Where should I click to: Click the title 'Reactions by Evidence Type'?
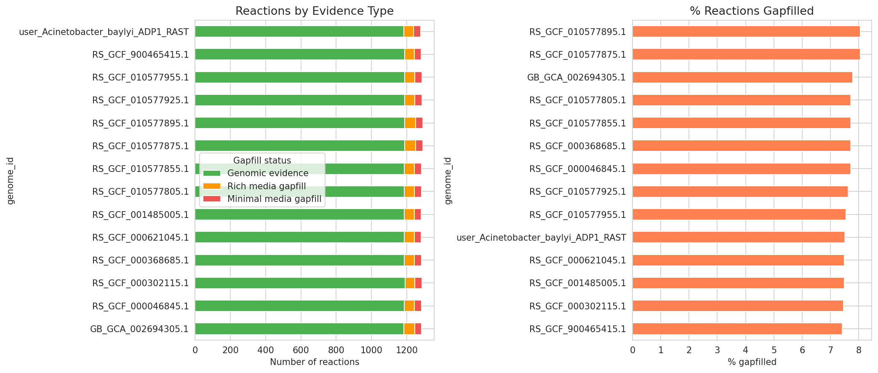[x=314, y=11]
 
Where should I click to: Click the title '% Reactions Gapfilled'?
[x=752, y=11]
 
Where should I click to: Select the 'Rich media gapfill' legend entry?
[x=266, y=186]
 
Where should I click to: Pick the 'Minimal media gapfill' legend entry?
[x=274, y=199]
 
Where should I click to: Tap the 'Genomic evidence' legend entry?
[x=267, y=173]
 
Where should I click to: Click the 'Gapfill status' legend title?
[x=262, y=161]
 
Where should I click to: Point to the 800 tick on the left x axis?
[x=336, y=350]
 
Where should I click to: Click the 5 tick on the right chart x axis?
[x=774, y=350]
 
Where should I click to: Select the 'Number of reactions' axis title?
[x=314, y=362]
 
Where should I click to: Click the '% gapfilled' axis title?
[x=752, y=362]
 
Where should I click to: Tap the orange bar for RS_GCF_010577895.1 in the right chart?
[x=745, y=32]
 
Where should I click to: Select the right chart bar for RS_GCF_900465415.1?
[x=737, y=329]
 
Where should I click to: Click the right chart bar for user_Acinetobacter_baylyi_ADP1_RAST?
[x=738, y=237]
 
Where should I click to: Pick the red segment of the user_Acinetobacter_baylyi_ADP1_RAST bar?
[x=417, y=32]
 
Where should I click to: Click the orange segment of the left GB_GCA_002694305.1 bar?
[x=409, y=329]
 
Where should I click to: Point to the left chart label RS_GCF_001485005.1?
[x=140, y=215]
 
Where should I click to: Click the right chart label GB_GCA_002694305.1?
[x=576, y=78]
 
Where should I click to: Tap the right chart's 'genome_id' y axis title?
[x=448, y=180]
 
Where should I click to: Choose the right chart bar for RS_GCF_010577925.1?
[x=739, y=191]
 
